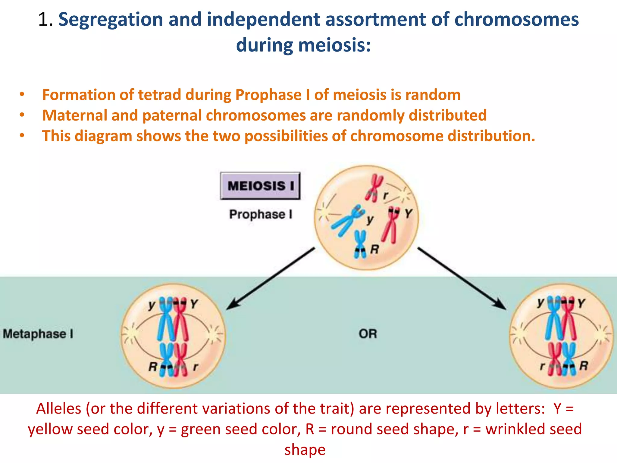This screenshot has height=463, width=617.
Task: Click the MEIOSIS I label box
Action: tap(260, 186)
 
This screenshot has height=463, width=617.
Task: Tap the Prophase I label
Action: tap(261, 214)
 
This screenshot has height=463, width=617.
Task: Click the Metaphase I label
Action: tap(38, 334)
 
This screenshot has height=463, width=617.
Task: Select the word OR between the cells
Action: tap(368, 334)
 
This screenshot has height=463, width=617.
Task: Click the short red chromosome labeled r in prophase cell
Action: tap(374, 187)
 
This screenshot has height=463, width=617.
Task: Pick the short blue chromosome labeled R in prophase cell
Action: tap(360, 244)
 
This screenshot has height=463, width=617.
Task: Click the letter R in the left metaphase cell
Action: tap(153, 367)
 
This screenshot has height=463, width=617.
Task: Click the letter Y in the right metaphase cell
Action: tap(581, 303)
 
